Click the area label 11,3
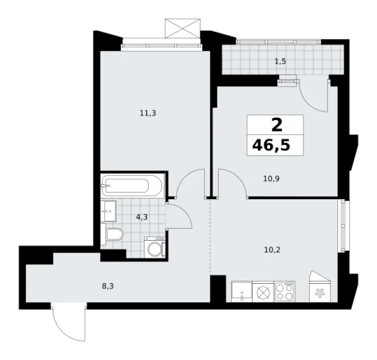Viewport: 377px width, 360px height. pyautogui.click(x=148, y=113)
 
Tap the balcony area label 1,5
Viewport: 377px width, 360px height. pyautogui.click(x=280, y=62)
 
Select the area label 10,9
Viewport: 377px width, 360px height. pyautogui.click(x=271, y=178)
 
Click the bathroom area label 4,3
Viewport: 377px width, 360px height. pyautogui.click(x=143, y=218)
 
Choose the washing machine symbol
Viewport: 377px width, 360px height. pyautogui.click(x=155, y=246)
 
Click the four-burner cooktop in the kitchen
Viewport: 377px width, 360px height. pyautogui.click(x=285, y=292)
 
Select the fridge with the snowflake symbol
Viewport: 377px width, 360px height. pyautogui.click(x=318, y=292)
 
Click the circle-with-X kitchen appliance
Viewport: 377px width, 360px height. pyautogui.click(x=263, y=292)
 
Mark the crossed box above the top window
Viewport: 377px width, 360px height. pyautogui.click(x=181, y=28)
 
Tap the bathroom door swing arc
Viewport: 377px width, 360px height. pyautogui.click(x=185, y=218)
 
